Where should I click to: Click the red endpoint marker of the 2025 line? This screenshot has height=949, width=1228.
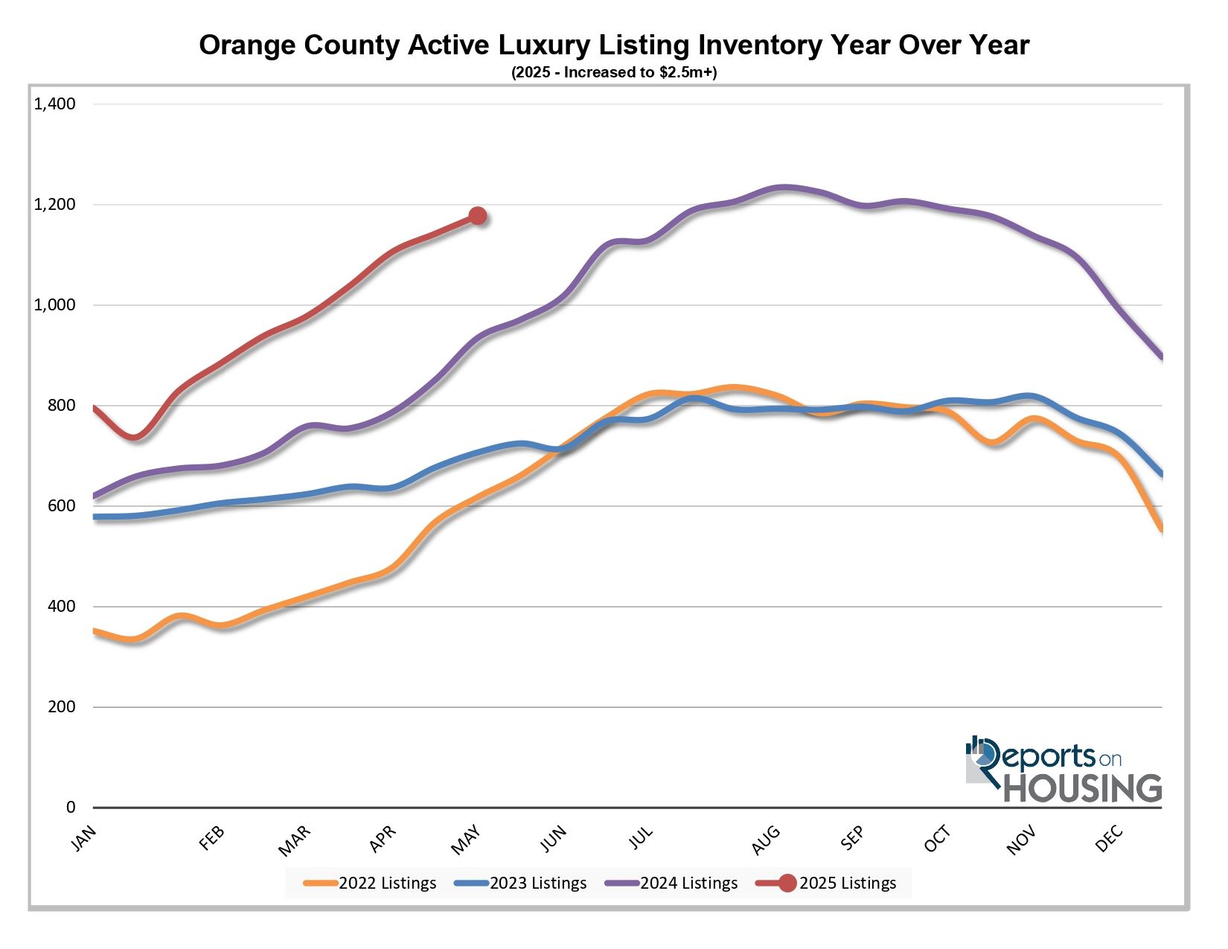click(477, 216)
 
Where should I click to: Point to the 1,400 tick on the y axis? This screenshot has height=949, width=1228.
click(55, 104)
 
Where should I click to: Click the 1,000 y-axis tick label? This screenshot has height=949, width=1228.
click(55, 305)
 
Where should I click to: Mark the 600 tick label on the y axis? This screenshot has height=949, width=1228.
click(61, 506)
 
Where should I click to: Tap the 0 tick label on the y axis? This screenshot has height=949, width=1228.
click(71, 808)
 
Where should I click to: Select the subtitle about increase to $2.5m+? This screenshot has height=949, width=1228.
click(614, 72)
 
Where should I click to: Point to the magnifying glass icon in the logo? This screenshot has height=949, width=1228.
click(984, 756)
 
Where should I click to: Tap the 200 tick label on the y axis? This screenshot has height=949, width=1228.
click(61, 707)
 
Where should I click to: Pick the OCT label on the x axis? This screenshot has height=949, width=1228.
click(938, 840)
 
